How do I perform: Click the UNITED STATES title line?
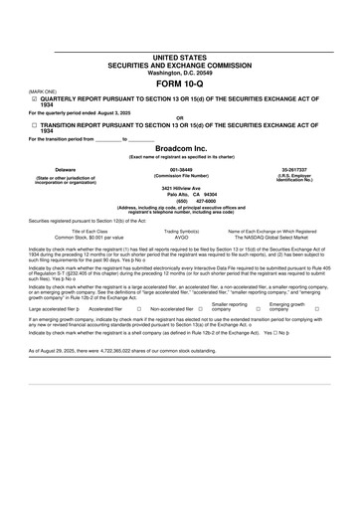point(179,59)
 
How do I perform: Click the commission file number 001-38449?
point(180,170)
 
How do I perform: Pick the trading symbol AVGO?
point(181,239)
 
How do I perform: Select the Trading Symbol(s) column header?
point(181,232)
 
